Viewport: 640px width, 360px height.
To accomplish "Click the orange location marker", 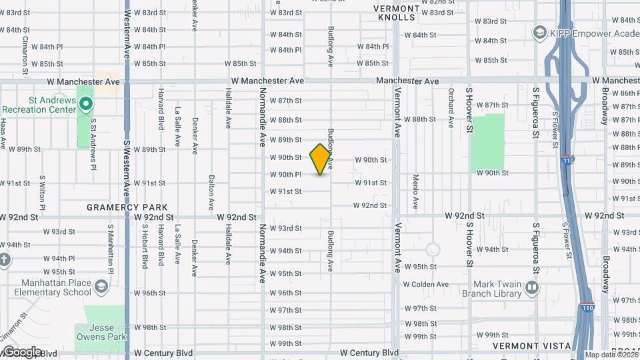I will [x=321, y=159].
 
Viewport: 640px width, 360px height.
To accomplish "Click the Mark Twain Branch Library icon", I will [x=532, y=287].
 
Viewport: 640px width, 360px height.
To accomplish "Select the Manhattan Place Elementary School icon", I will [x=101, y=287].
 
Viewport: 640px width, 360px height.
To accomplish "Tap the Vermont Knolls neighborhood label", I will [x=396, y=13].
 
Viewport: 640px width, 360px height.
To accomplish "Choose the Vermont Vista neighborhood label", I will [x=531, y=346].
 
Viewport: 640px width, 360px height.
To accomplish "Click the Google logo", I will [x=22, y=352].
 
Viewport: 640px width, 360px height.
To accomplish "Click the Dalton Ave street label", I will [x=211, y=191].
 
